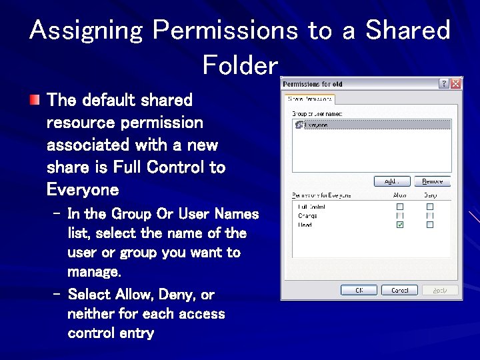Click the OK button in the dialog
coord(359,290)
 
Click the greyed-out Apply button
coord(439,290)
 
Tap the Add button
coord(391,181)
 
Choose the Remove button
coord(433,181)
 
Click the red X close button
coord(456,84)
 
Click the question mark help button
coord(444,84)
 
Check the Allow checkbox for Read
coord(400,225)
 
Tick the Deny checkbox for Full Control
coord(430,207)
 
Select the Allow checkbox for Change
coord(400,216)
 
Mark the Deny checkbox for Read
coord(430,225)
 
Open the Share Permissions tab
coord(309,99)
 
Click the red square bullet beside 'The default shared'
coord(34,101)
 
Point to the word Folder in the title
coord(239,65)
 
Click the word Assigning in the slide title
coord(87,31)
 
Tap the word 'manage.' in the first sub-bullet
coord(94,272)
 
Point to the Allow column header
coord(400,195)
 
